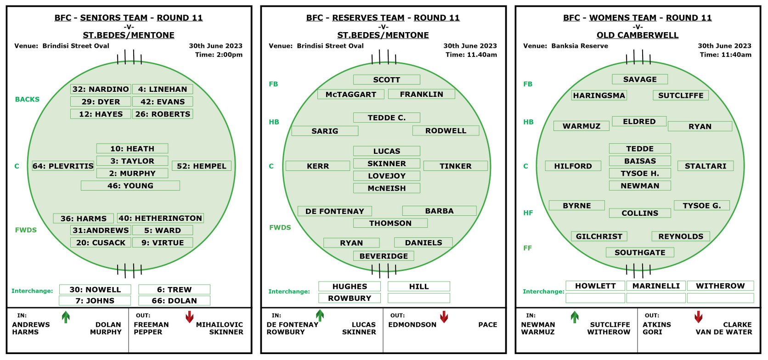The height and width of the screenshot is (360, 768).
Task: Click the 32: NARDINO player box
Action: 101,89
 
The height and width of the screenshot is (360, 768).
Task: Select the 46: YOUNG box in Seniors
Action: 130,186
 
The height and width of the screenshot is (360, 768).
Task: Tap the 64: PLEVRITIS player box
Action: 63,166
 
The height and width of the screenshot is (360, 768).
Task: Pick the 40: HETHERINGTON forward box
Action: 160,218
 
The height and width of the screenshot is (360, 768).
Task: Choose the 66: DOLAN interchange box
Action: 174,301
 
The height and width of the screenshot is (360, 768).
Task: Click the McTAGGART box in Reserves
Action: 351,94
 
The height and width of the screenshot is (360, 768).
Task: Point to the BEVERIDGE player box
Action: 384,256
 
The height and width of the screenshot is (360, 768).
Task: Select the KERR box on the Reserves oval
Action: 318,166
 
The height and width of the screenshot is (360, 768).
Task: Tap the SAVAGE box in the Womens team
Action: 640,79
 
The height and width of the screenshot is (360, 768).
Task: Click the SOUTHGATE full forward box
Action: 640,253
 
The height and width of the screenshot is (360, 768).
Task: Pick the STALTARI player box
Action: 706,166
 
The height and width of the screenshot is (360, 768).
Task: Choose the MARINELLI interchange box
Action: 656,286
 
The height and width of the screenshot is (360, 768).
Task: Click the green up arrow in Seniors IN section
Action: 66,317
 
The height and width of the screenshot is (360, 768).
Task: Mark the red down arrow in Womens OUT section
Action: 698,317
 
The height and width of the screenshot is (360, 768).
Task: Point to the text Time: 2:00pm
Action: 219,55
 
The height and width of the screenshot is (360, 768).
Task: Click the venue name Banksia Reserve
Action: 580,45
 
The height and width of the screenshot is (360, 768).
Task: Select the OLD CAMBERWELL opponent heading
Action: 638,35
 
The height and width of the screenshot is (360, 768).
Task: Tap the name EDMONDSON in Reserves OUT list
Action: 412,324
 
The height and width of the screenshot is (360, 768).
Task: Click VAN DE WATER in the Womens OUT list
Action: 724,332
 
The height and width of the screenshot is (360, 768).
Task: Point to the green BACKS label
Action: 27,99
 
